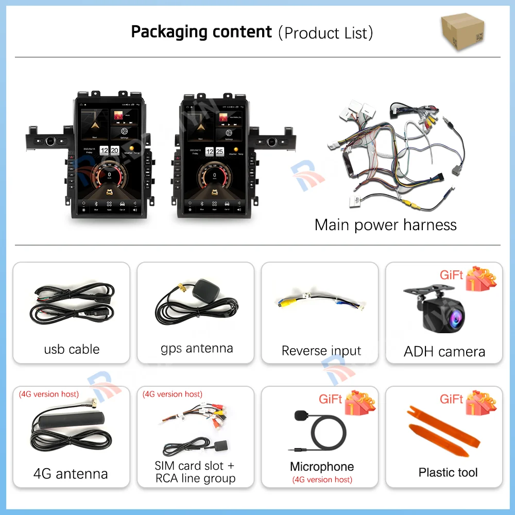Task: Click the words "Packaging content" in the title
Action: tap(201, 32)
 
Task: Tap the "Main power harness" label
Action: tap(385, 225)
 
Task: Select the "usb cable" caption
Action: tap(72, 349)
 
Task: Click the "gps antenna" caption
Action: tap(197, 348)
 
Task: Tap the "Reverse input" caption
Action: tap(321, 351)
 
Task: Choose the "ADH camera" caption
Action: tap(444, 352)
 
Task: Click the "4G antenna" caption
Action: tap(71, 474)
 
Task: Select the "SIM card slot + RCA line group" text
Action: tap(195, 472)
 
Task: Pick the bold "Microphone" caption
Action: tap(322, 467)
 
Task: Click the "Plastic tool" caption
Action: tap(448, 472)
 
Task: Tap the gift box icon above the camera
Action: tap(480, 278)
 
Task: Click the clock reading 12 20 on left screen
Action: tap(109, 151)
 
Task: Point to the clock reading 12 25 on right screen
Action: tap(214, 151)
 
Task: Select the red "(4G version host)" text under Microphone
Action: tap(322, 479)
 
